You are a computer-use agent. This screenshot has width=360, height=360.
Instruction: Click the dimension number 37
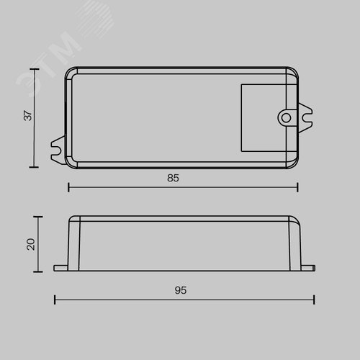click(28, 115)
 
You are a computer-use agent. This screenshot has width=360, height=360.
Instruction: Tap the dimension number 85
click(173, 178)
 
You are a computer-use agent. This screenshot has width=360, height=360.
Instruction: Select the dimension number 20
click(31, 244)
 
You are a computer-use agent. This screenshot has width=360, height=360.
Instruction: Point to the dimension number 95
click(181, 290)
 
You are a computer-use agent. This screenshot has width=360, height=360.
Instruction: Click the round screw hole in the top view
click(286, 118)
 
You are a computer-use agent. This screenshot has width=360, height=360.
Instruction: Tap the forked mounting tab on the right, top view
click(305, 118)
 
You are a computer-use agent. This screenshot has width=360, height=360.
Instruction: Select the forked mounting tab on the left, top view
click(58, 150)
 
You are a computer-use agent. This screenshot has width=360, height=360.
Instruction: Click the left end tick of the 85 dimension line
click(68, 187)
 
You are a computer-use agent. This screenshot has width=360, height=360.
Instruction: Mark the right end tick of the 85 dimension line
click(297, 187)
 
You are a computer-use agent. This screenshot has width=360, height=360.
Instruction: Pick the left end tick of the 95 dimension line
click(55, 300)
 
